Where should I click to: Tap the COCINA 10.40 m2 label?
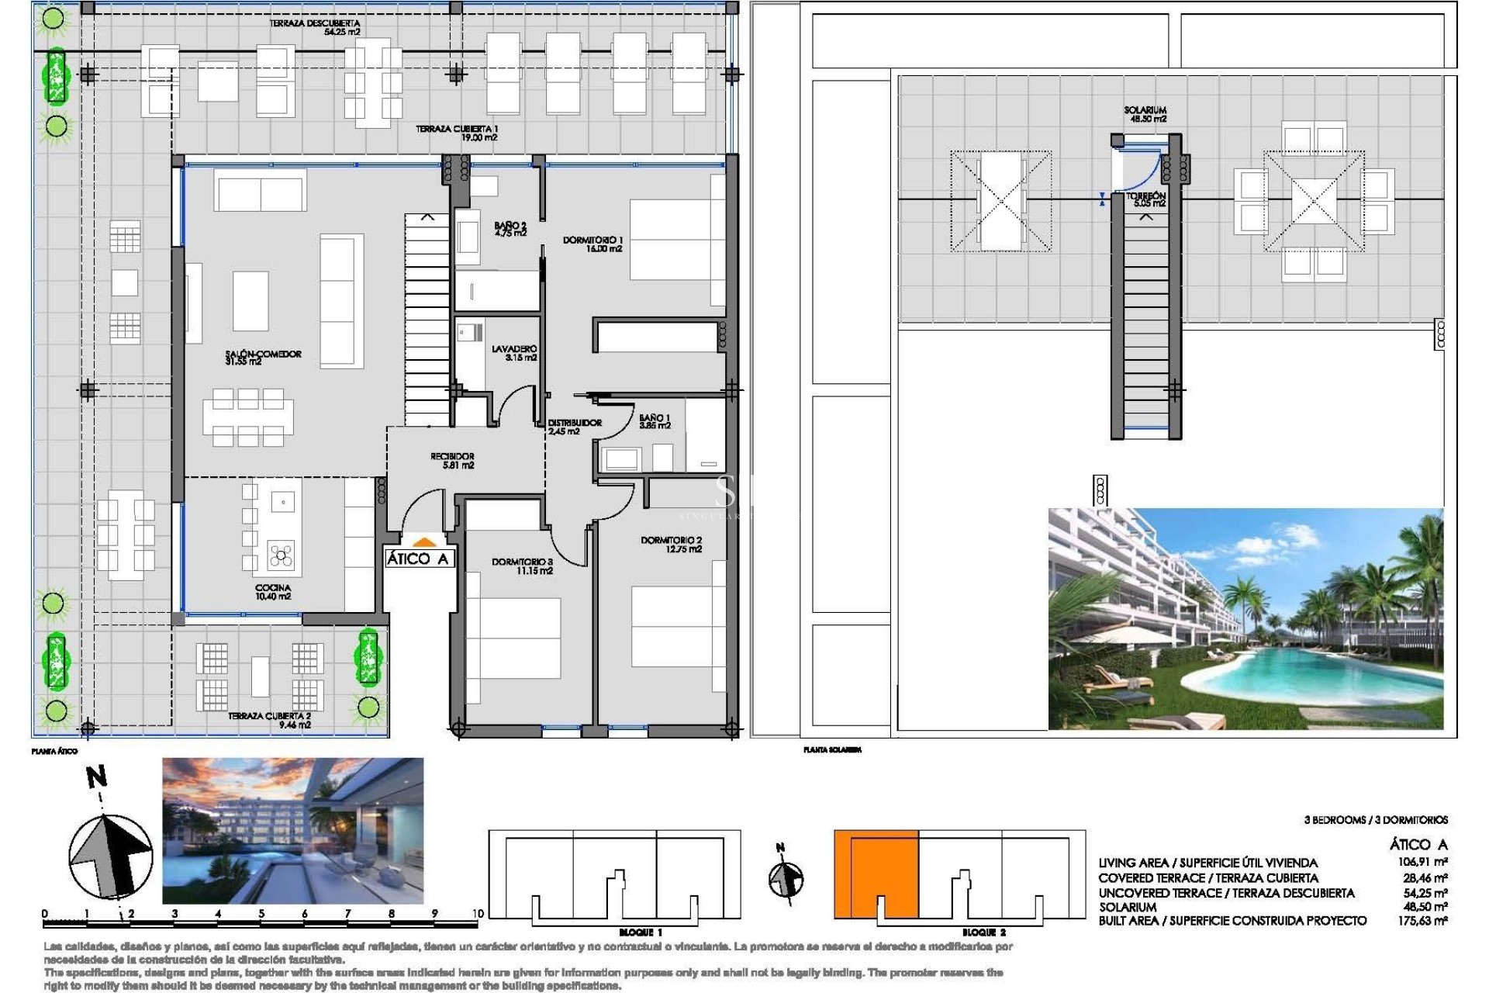(273, 592)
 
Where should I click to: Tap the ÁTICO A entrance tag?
(418, 559)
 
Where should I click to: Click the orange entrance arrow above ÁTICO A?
(423, 543)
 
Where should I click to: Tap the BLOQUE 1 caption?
(641, 932)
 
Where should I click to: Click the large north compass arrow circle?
(110, 856)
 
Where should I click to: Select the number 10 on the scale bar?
(477, 913)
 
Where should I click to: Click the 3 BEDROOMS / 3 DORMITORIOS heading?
(1375, 819)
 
